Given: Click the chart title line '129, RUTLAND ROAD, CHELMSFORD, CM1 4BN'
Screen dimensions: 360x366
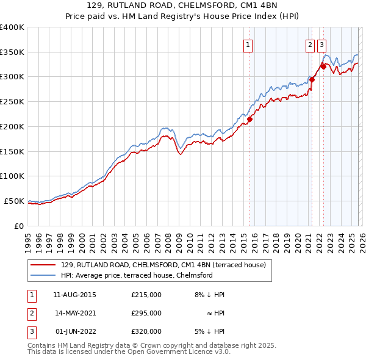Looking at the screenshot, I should (x=182, y=6).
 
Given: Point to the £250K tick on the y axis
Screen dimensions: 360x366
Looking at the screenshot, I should (x=12, y=101).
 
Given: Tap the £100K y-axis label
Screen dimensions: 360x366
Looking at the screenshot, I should (x=12, y=176).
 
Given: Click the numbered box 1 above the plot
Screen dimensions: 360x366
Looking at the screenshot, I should (x=249, y=43).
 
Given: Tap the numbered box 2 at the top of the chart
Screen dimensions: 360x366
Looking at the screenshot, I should (x=310, y=43).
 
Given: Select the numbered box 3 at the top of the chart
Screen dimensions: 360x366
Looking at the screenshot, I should (x=321, y=43).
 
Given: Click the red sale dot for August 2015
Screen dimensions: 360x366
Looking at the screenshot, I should (x=249, y=119).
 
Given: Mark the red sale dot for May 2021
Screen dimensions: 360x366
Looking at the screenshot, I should (x=312, y=79).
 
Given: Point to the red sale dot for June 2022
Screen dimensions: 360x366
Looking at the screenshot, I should (x=323, y=67).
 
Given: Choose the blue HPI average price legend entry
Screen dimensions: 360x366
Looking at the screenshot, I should (x=137, y=276).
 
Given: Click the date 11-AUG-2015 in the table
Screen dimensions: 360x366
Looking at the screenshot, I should (x=74, y=295).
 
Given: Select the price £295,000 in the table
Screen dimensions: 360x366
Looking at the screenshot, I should (x=146, y=313).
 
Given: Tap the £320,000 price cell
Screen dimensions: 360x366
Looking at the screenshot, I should (x=146, y=331).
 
